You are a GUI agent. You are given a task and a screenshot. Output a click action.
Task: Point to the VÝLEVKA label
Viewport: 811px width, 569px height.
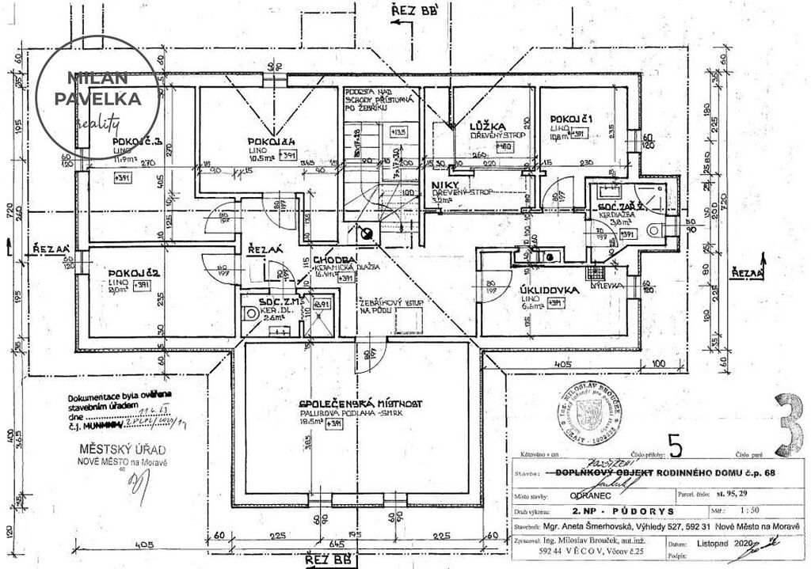pos(608,285)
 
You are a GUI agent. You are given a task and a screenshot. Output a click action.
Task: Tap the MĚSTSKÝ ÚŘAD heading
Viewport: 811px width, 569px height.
pos(111,450)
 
